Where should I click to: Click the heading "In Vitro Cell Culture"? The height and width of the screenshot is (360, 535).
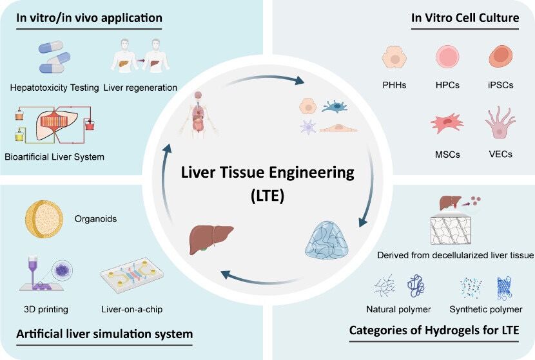point(465,18)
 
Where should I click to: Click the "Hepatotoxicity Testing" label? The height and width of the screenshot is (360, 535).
point(53,88)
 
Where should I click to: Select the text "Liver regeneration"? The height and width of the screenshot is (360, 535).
point(140,88)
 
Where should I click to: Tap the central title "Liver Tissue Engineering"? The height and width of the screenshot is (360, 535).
point(267,173)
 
